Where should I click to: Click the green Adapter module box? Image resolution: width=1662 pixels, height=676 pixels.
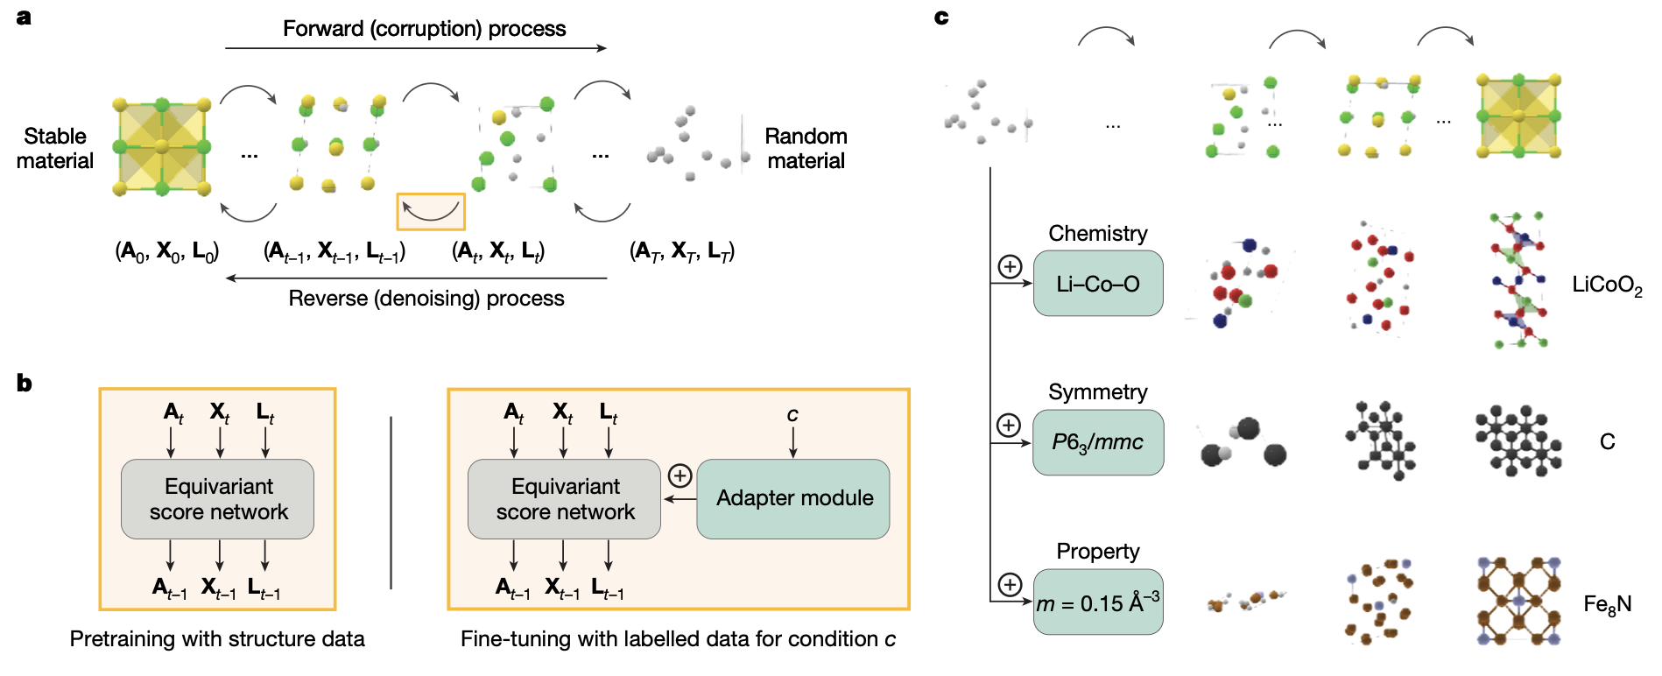pos(793,498)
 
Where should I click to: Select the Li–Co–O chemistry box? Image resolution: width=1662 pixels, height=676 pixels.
pos(1098,284)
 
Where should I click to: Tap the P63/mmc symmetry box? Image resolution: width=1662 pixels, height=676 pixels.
pos(1098,442)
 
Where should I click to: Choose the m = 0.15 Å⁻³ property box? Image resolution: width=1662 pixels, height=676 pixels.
pos(1098,602)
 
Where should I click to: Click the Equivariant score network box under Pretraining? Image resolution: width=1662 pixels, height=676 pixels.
pos(218,499)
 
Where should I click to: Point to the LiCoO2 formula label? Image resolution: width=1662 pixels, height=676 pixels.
pos(1607,285)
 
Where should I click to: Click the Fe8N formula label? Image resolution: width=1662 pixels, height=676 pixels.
pos(1607,604)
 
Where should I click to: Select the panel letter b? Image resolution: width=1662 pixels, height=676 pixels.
pos(25,383)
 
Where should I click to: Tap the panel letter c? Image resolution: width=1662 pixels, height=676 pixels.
pos(941,17)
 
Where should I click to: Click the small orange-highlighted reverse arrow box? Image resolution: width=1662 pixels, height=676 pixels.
pos(431,212)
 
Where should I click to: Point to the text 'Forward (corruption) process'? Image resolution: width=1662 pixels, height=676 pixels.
pos(424,29)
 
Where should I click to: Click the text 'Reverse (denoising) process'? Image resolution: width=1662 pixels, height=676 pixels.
pos(426,299)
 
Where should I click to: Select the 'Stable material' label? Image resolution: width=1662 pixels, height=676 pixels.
pos(55,148)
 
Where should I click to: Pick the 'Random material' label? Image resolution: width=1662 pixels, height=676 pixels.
pos(806,148)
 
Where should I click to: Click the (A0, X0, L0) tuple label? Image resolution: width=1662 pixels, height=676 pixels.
pos(167,252)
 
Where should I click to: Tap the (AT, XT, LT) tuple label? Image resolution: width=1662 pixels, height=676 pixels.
pos(682,252)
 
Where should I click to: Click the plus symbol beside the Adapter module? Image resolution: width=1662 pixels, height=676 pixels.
pos(680,475)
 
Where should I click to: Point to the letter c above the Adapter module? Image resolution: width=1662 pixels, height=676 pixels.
pos(792,414)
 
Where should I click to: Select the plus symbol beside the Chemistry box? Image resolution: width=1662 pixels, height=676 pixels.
pos(1010,266)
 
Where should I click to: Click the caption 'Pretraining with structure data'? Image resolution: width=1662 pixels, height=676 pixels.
pos(217,639)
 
